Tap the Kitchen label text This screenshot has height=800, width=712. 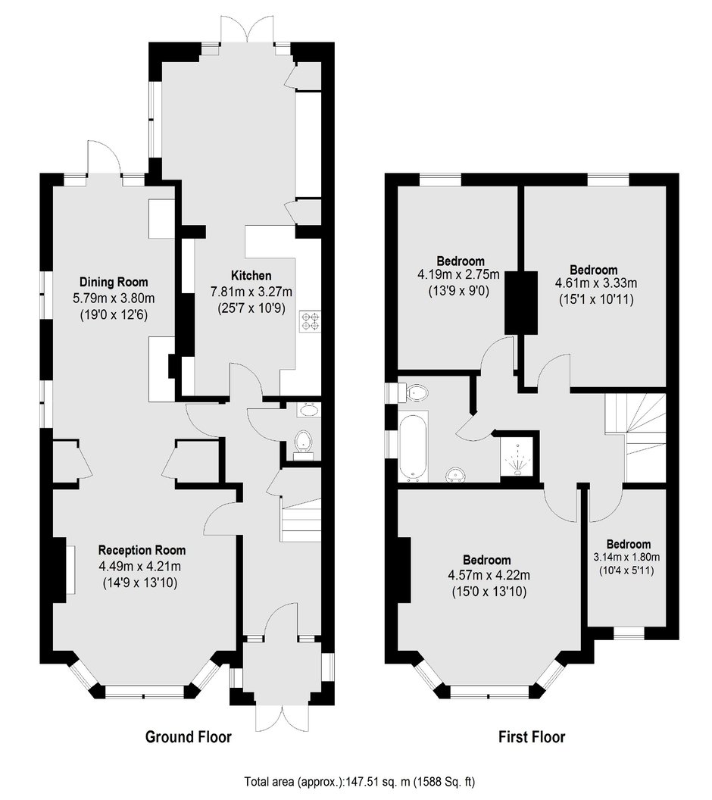tap(240, 275)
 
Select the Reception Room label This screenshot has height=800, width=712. tap(142, 550)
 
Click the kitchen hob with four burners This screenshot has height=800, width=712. tap(311, 321)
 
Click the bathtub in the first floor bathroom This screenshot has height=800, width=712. tap(414, 445)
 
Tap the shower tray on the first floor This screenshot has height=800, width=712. tap(518, 456)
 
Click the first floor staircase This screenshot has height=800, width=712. tap(635, 436)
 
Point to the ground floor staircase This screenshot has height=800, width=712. tap(301, 519)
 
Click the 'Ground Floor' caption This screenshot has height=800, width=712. tap(188, 736)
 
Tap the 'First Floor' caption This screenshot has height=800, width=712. tap(531, 736)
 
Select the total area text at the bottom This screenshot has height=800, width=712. tap(355, 781)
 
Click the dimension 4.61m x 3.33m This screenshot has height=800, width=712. tap(593, 284)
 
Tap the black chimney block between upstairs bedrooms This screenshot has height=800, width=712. tap(522, 302)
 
